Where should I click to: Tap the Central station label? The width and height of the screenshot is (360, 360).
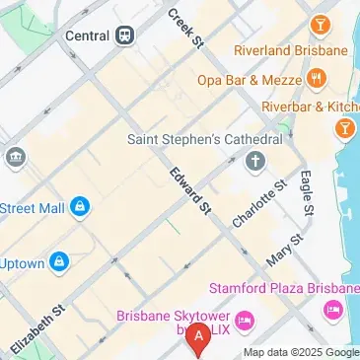[87, 36]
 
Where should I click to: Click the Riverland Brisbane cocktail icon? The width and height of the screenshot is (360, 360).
[320, 24]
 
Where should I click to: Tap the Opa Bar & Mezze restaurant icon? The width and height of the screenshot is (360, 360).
[317, 77]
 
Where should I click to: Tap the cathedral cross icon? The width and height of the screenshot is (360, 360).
[255, 161]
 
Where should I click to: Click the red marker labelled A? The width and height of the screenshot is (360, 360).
[200, 339]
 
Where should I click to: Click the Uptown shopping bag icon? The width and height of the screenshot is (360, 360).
[60, 263]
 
